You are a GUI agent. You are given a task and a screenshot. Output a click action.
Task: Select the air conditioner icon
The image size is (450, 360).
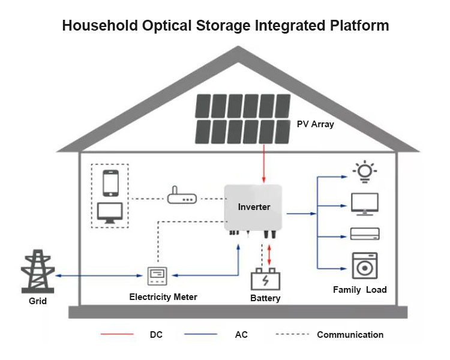coord(364,234)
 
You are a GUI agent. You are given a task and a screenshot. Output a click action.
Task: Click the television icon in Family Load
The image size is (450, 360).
coord(364,204)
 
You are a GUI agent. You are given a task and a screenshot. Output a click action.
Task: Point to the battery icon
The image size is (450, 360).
coord(265,280)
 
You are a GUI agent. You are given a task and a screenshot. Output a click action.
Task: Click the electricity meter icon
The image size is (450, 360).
coord(157,276)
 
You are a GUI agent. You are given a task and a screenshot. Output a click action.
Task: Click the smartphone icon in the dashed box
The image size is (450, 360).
coord(110,183)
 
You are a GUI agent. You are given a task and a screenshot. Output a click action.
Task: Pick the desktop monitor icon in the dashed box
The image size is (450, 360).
coord(110,212)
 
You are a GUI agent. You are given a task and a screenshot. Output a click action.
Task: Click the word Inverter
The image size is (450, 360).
coord(254,207)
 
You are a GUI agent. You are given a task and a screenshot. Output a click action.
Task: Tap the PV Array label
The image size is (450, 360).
coord(315,124)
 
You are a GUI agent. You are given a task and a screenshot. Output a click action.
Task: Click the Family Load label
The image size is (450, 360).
coord(360,290)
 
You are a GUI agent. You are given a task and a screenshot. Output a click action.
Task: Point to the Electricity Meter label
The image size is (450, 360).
coord(163,296)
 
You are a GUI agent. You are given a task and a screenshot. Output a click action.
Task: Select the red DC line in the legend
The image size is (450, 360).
coord(118,335)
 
